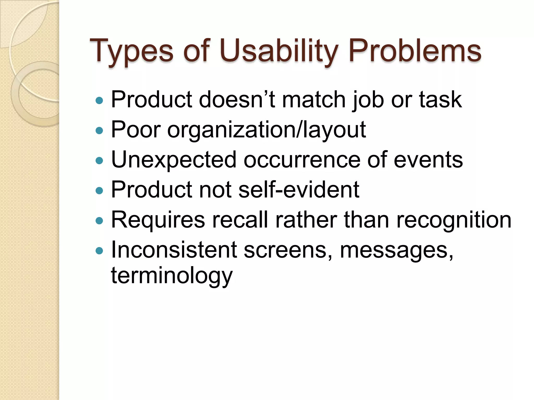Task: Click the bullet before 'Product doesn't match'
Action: [x=99, y=101]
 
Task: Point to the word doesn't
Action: [x=237, y=99]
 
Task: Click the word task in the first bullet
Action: [x=440, y=99]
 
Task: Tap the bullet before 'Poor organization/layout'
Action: [x=99, y=130]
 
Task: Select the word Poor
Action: [x=136, y=129]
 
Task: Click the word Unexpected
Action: [x=174, y=160]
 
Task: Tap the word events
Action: [x=428, y=160]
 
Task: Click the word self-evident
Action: [x=299, y=190]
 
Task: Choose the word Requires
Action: [x=158, y=220]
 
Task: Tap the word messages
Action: [x=396, y=250]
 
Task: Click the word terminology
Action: [x=172, y=276]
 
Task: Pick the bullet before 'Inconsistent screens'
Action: [x=99, y=251]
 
